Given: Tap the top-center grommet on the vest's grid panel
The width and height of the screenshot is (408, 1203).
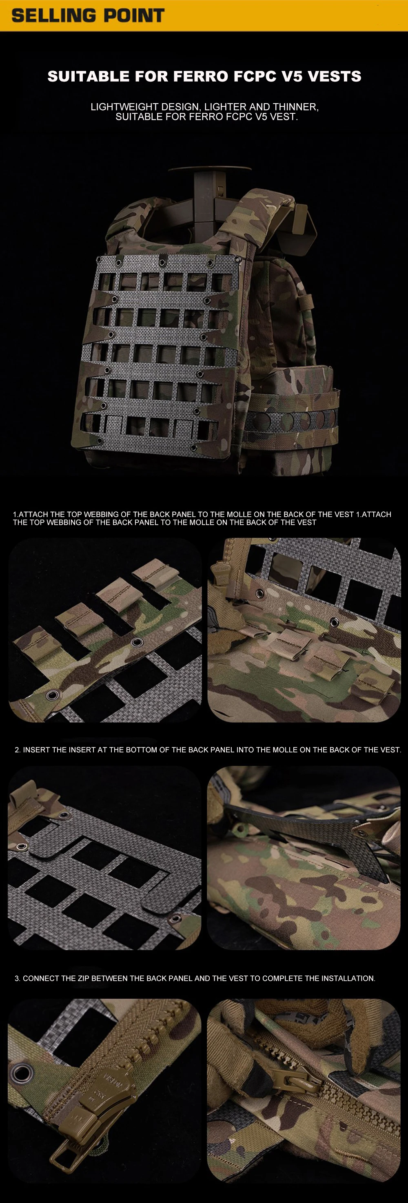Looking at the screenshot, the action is tap(162, 260).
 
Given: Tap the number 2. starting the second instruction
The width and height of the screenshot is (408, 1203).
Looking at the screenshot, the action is tap(18, 750).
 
